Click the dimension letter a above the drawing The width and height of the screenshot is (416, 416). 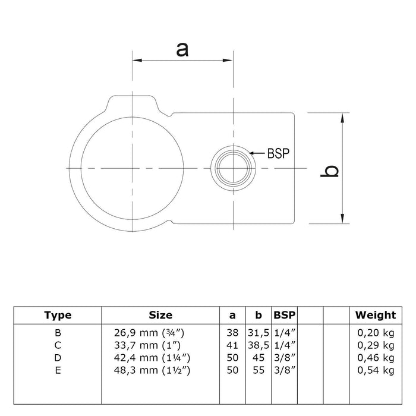coord(182,50)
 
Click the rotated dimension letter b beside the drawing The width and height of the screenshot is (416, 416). coord(329,171)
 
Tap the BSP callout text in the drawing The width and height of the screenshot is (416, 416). coord(278,153)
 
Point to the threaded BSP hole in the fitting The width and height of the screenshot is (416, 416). coord(233,168)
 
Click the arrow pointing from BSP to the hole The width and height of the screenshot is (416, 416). coord(257,153)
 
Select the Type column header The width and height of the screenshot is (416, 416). coord(58,315)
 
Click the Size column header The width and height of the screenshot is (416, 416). coord(160,315)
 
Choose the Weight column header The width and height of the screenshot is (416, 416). coord(376,315)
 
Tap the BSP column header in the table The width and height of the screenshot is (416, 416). coord(285,315)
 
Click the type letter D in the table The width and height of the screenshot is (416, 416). coord(58,358)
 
